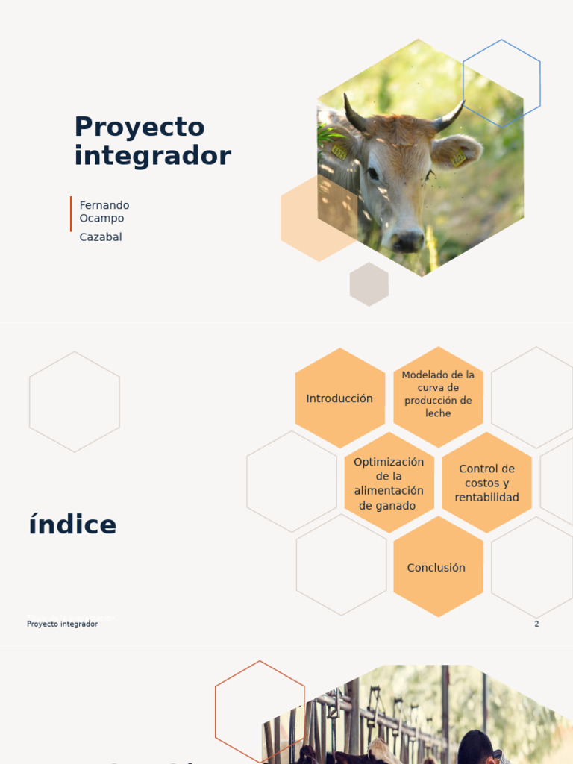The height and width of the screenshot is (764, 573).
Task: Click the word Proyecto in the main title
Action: [x=139, y=128]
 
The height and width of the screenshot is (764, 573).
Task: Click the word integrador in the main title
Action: [x=152, y=156]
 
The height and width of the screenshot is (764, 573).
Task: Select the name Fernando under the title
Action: [x=104, y=205]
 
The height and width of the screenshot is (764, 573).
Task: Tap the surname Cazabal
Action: [x=101, y=237]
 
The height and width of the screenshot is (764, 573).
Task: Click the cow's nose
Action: [x=407, y=240]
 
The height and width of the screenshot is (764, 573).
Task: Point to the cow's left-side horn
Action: [x=354, y=114]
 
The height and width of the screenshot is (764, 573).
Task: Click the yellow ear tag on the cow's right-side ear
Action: [x=458, y=157]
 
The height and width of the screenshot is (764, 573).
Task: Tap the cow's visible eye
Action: [x=372, y=174]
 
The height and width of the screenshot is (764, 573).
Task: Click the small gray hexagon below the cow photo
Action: [x=369, y=284]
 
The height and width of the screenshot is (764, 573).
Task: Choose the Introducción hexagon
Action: [x=339, y=398]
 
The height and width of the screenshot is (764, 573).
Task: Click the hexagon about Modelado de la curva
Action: [x=438, y=394]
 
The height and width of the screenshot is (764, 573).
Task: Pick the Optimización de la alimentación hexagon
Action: [x=389, y=483]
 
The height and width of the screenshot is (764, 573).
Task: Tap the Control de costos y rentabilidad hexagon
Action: [x=486, y=483]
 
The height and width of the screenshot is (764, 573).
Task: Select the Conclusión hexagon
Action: [x=436, y=568]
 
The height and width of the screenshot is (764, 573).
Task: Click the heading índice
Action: [x=72, y=525]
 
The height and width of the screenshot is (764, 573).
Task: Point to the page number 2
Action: [x=536, y=624]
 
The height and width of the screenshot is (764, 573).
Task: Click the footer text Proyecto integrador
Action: [x=62, y=624]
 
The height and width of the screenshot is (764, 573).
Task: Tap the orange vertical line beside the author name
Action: [x=71, y=214]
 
